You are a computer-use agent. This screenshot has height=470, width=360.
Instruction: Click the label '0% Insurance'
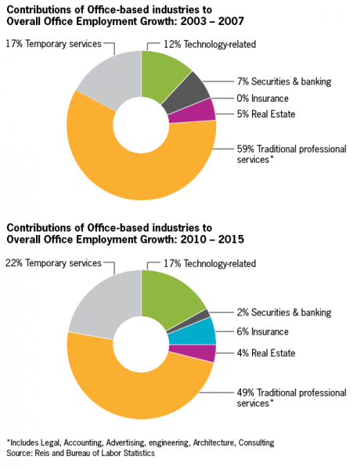pos(263,99)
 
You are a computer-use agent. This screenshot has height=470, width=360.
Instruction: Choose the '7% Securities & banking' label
pos(284,81)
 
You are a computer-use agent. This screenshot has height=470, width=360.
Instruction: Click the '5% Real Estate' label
pos(266,114)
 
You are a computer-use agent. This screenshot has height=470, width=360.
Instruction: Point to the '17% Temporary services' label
pos(54,44)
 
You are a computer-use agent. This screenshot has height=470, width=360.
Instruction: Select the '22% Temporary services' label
pos(54,263)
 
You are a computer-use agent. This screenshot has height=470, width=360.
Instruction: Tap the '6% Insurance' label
pos(263,331)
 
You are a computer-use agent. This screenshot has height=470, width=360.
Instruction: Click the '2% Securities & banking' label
pos(284,313)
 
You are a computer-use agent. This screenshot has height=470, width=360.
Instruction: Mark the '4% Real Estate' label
pos(266,352)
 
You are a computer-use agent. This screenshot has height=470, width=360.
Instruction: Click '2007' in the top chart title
pos(231,21)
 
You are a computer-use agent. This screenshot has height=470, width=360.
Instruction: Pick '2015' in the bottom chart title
pos(231,239)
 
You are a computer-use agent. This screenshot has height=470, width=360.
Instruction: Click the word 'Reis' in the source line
pos(41,453)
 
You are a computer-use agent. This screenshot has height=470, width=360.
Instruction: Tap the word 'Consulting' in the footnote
pos(257,443)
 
